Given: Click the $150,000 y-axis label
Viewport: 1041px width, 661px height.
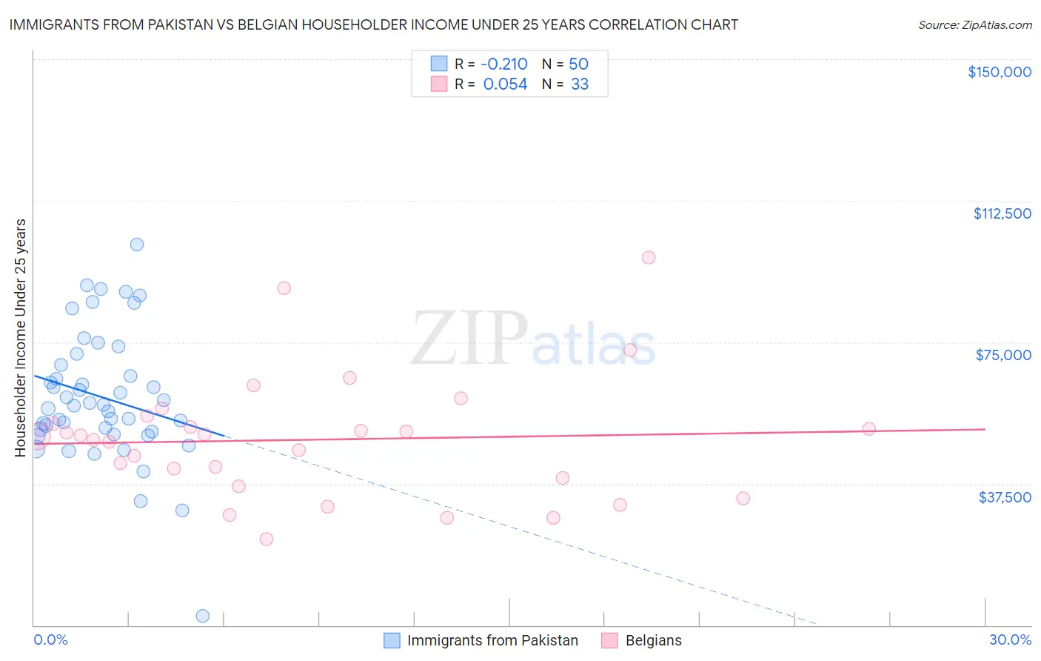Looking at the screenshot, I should [999, 72].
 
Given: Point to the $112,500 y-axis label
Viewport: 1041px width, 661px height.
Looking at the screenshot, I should [1002, 213].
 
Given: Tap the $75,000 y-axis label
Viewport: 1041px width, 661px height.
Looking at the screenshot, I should [1003, 355].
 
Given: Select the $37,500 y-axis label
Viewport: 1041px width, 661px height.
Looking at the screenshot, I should [1004, 497].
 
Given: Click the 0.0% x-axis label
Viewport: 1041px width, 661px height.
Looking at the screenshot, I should [50, 640].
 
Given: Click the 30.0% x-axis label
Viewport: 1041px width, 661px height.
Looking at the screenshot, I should [1010, 640].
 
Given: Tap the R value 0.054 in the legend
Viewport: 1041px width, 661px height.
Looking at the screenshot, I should [505, 84].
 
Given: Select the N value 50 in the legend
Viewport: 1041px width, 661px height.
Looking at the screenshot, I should [578, 64].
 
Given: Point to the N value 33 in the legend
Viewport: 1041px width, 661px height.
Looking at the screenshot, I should [580, 84].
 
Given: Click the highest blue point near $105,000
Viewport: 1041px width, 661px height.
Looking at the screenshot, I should [137, 245].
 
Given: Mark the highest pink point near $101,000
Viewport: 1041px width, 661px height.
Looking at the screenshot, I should [649, 258].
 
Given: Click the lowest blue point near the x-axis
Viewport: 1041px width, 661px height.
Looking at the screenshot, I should [202, 616].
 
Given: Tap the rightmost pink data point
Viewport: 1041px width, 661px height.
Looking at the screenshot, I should [869, 429].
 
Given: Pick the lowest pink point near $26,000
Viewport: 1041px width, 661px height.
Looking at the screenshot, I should [267, 539].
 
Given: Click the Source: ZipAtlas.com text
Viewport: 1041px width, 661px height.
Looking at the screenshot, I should [974, 25].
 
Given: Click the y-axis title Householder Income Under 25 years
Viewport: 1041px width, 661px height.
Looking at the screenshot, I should [21, 338].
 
